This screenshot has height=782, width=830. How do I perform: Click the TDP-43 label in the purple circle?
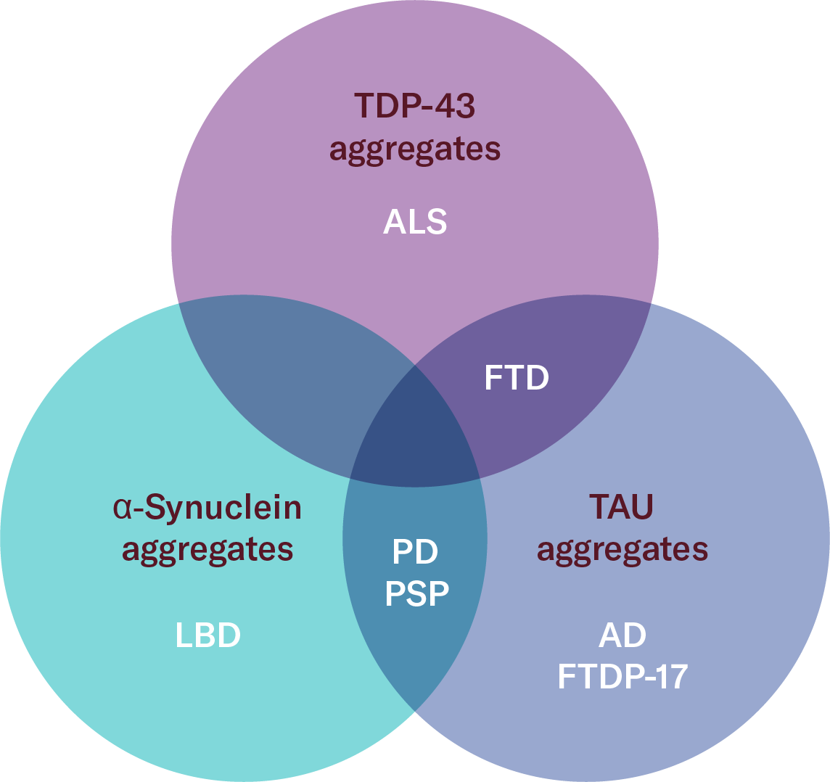tap(414, 106)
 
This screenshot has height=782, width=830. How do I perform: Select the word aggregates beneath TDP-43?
tap(414, 149)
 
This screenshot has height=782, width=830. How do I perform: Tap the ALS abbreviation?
tap(414, 222)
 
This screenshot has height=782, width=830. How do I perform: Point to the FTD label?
tap(517, 378)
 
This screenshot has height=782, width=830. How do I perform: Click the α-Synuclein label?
tap(207, 508)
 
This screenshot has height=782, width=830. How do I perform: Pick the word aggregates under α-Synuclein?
tap(207, 549)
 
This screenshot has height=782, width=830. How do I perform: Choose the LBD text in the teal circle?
tap(207, 635)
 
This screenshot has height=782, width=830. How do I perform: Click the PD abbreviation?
tap(415, 553)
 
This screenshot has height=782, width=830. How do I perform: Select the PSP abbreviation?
tap(416, 595)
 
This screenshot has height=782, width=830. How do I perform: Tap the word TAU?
tap(622, 508)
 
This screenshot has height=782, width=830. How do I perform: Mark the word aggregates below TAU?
tap(622, 549)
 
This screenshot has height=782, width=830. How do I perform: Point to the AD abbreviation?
tap(622, 635)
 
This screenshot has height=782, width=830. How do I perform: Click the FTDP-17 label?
tap(622, 678)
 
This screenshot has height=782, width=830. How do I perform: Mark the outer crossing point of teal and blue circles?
tap(415, 712)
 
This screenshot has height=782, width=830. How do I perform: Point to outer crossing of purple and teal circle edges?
tap(178, 303)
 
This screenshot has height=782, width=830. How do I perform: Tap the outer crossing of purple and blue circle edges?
tap(651, 303)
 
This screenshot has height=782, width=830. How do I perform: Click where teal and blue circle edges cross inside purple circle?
tap(415, 365)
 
